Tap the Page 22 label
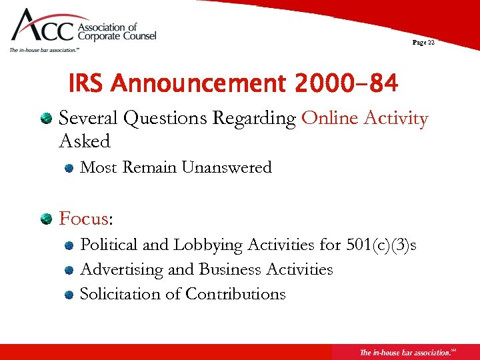click(423, 42)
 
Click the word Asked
click(85, 141)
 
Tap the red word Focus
click(83, 219)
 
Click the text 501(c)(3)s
click(381, 245)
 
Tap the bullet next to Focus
click(46, 219)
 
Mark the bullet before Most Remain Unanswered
click(69, 169)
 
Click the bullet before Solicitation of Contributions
click(69, 295)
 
